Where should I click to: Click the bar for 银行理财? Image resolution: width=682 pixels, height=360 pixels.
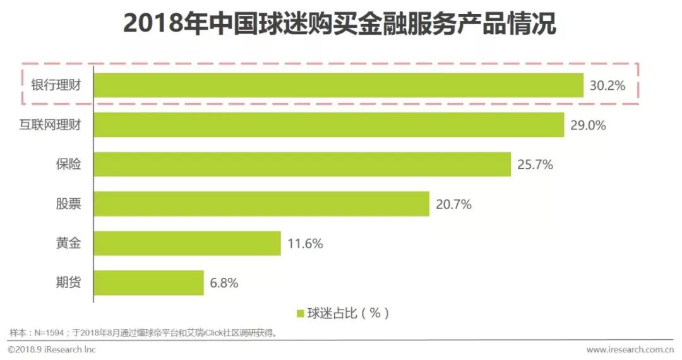[x=338, y=85]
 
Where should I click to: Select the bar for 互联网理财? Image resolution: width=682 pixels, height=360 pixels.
[x=329, y=125]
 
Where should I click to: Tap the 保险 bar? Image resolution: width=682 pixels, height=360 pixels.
[x=302, y=165]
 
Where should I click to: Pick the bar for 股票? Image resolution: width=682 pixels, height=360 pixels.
[x=261, y=204]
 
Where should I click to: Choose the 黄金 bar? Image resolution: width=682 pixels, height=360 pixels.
[x=188, y=243]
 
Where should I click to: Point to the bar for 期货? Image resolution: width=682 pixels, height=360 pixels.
[x=149, y=283]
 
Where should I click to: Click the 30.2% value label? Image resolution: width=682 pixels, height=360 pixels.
[x=607, y=86]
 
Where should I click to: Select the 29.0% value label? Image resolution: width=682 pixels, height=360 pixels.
[x=588, y=125]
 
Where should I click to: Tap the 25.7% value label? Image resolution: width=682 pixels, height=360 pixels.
[x=535, y=165]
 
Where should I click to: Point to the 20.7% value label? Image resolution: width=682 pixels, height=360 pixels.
[x=453, y=204]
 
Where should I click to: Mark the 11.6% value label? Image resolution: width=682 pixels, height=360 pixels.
[x=305, y=244]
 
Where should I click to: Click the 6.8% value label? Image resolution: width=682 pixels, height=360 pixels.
[x=224, y=283]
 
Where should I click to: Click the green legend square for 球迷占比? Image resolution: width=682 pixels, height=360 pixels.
[x=301, y=313]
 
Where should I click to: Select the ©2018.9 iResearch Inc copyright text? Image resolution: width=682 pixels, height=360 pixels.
[x=52, y=349]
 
